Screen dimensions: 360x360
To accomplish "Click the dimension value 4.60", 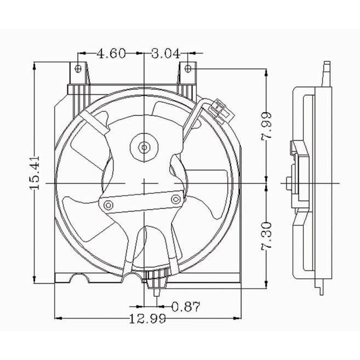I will point(111,53).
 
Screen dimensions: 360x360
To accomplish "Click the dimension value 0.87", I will point(185,307).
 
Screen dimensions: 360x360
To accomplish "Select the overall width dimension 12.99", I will point(147,318).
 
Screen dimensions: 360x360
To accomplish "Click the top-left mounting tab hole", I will point(78,68).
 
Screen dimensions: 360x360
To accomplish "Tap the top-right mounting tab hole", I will point(188,68).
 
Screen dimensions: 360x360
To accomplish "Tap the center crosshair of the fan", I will point(144,183).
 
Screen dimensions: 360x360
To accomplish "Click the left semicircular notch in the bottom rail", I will point(80,278).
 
